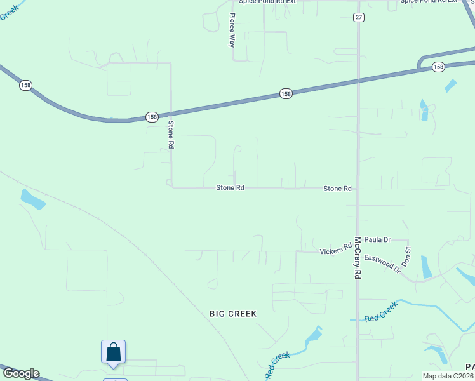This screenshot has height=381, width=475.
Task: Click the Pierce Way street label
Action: (232, 30)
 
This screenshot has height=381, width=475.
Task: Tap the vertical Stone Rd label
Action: (171, 135)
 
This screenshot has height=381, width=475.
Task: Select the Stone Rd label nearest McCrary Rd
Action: (337, 189)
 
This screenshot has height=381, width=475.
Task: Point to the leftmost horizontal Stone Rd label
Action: (230, 188)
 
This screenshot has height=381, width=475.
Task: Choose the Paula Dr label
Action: (377, 239)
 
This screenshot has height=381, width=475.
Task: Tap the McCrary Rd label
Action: (358, 258)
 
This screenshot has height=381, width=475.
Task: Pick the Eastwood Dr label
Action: (382, 264)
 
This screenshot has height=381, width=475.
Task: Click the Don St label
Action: (408, 257)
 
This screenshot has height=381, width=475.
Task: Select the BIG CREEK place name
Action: (233, 314)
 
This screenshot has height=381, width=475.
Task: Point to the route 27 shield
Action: (359, 17)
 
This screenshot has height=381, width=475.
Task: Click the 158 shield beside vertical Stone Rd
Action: (152, 117)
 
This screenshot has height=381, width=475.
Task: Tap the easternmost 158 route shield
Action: (438, 67)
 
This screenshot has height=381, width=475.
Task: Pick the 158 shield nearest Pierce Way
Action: (286, 94)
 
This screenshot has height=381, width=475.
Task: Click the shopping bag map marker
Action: (113, 352)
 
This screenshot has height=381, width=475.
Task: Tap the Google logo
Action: (20, 373)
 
